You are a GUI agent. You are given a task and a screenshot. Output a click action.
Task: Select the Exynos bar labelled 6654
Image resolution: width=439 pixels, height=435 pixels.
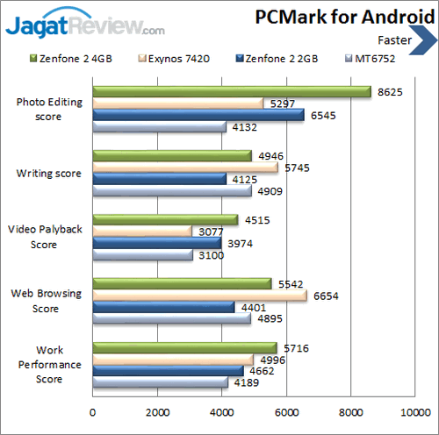[x=199, y=296]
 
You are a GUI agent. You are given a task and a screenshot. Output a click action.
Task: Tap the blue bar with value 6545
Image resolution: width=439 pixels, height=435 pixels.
[x=198, y=115]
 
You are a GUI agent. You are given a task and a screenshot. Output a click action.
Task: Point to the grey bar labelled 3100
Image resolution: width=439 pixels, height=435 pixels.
[x=142, y=255]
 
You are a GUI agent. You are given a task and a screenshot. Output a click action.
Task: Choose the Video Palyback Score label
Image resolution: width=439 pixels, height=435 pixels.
[x=45, y=237]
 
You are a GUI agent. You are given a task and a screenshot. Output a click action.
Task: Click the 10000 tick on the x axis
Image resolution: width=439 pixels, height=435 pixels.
[x=414, y=412]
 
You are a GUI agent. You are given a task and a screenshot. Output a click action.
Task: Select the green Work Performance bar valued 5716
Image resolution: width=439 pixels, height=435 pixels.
[x=184, y=347]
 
